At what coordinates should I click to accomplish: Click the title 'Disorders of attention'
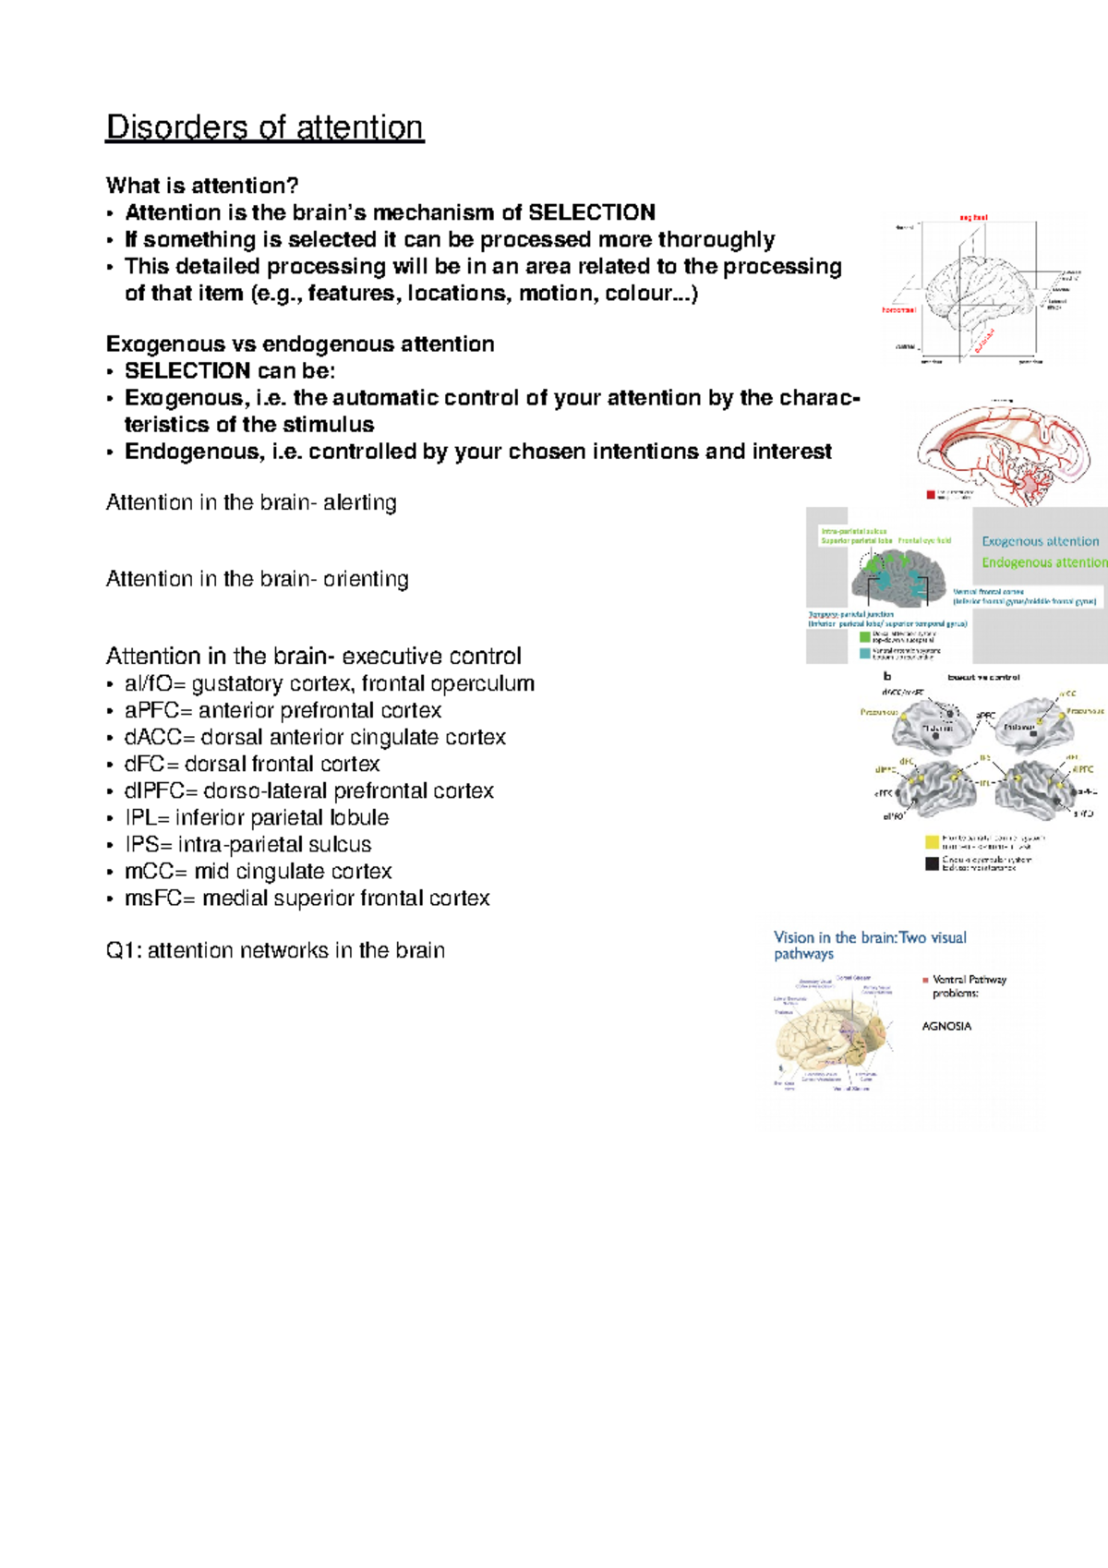(264, 127)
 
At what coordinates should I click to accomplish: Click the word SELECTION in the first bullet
(591, 212)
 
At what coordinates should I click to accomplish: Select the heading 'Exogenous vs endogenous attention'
(300, 344)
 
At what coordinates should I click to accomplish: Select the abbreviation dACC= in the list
(159, 738)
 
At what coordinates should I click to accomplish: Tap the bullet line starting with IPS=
(247, 845)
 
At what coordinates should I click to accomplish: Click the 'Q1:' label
(124, 950)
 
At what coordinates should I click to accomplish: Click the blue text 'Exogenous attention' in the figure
(1040, 541)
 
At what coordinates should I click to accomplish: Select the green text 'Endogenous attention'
(1043, 562)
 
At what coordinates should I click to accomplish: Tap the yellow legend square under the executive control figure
(932, 841)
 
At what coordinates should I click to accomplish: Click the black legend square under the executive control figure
(932, 863)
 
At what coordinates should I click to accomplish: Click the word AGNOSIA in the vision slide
(946, 1026)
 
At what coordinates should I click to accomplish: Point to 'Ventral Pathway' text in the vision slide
(969, 980)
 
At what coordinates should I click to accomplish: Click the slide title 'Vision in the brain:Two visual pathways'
(869, 946)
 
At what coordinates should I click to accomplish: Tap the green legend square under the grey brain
(864, 636)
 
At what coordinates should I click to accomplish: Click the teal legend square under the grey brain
(864, 653)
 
